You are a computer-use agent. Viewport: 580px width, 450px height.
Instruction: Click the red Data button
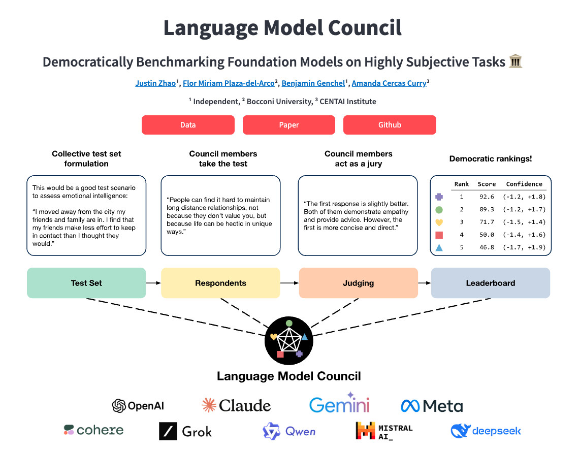click(x=188, y=125)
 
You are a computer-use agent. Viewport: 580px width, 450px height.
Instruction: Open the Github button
click(x=390, y=125)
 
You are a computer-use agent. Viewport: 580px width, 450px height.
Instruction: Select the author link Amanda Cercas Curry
click(x=389, y=83)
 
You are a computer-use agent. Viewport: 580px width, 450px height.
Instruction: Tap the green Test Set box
click(x=86, y=283)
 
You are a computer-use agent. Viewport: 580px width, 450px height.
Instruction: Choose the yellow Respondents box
click(x=220, y=283)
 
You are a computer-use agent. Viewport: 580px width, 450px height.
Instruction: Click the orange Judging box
click(x=358, y=283)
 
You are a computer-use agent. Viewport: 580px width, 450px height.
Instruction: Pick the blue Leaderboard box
click(x=490, y=283)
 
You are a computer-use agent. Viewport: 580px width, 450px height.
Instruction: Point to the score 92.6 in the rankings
click(x=486, y=197)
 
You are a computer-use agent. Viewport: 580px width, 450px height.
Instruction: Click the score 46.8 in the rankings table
click(x=486, y=247)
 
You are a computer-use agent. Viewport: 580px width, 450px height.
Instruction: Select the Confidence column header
click(x=524, y=184)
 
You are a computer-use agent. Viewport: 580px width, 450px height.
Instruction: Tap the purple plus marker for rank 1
click(x=439, y=197)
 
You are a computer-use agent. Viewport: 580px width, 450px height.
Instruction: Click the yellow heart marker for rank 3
click(x=439, y=222)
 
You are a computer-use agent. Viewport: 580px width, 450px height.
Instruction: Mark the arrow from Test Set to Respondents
click(x=153, y=283)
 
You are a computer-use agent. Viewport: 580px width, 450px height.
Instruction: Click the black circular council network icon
click(x=288, y=341)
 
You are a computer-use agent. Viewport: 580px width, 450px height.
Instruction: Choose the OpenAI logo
click(x=138, y=405)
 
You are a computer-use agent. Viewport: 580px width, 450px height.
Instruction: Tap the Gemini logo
click(x=339, y=404)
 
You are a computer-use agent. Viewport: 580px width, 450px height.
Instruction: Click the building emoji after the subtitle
click(x=515, y=62)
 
